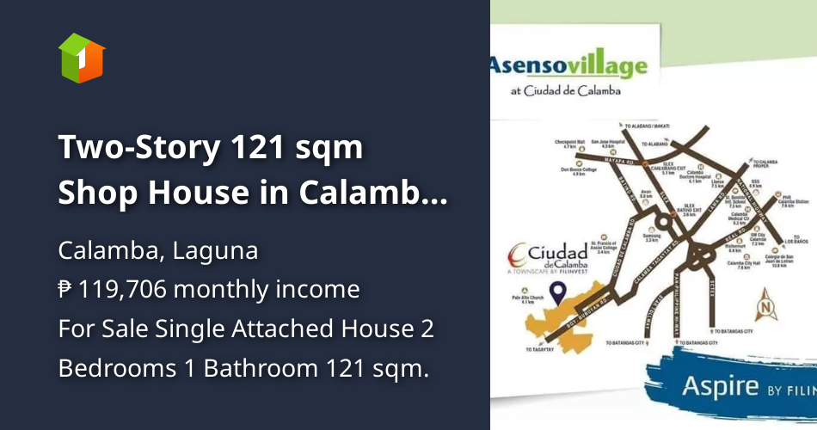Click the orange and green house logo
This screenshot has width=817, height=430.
coord(82,58)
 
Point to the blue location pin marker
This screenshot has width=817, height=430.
coord(558,294)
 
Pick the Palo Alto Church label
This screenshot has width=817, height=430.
coord(516,301)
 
